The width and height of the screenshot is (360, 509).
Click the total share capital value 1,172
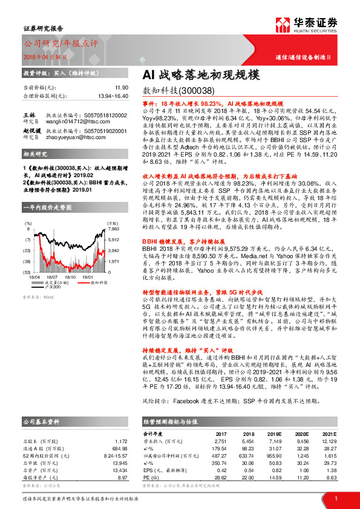click(120, 441)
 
